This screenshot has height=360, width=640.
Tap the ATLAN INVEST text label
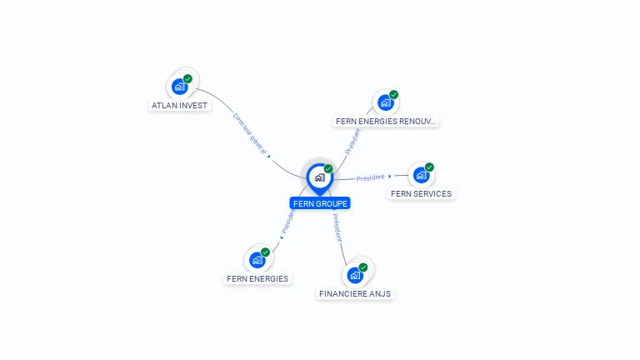179,106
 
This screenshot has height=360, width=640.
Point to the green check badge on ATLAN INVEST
187,79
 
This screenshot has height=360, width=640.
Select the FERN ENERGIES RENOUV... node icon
384,102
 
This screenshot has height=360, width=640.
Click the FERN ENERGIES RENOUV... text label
385,122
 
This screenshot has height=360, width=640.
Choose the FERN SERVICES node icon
421,175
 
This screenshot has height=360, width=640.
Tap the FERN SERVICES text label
421,194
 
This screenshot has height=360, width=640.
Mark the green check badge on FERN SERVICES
430,167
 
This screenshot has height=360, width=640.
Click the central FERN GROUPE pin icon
319,177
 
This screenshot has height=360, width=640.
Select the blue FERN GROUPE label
320,203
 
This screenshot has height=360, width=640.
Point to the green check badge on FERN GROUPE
328,168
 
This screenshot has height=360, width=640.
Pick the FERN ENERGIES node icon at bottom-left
257,259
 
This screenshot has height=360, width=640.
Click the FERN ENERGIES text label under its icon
257,279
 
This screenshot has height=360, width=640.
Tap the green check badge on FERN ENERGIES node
266,252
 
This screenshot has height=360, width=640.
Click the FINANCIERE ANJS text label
355,294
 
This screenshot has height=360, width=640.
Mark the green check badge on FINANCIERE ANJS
363,267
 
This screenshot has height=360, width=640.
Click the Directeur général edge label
249,133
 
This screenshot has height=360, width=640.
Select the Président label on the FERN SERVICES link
371,177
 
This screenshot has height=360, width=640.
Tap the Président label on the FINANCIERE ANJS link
336,227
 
